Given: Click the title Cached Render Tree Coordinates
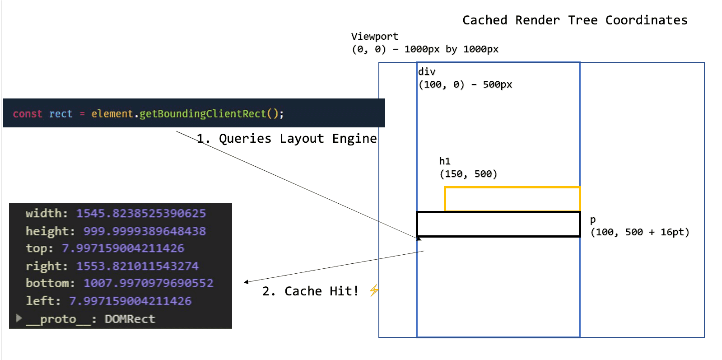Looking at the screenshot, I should [574, 20].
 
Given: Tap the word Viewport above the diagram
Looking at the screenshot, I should [374, 37].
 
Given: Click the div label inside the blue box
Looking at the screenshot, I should [427, 72].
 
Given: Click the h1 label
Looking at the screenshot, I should [445, 161].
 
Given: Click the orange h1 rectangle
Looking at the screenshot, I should [512, 199].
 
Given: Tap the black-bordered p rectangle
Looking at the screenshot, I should [498, 224].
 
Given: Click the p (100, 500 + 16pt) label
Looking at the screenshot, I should [639, 227].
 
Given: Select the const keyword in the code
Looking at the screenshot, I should [28, 114].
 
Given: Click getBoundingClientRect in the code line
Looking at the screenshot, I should [202, 114].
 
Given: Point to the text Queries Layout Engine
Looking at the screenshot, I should [297, 139].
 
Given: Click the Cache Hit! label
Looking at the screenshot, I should [321, 291].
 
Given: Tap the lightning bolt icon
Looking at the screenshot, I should [374, 290].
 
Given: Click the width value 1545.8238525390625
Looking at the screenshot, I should [140, 213].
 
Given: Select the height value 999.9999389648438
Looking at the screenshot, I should [144, 231].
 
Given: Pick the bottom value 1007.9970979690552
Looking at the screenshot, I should [148, 283].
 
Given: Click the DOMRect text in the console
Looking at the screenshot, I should [130, 319].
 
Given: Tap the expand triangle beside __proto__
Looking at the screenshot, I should [19, 318].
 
